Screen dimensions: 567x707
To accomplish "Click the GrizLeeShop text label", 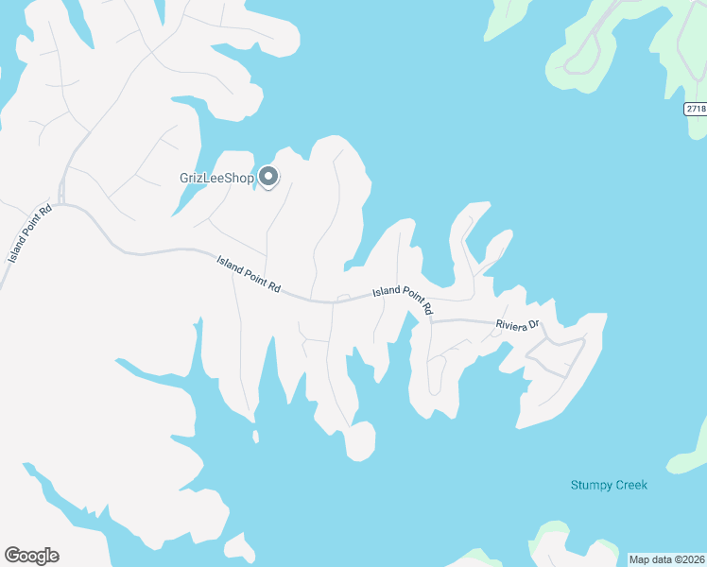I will (217, 178).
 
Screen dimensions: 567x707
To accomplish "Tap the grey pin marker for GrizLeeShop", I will (268, 177).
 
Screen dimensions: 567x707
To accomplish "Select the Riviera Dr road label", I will (517, 326).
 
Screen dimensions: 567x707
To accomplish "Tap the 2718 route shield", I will (696, 110).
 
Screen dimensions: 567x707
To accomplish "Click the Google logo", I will (31, 556).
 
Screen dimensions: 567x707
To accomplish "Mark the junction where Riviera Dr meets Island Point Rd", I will (430, 321).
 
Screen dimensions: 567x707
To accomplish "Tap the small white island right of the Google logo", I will (240, 547).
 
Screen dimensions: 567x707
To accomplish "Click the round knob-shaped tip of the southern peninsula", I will (360, 441).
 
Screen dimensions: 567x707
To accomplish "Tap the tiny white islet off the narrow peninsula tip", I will (255, 437).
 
